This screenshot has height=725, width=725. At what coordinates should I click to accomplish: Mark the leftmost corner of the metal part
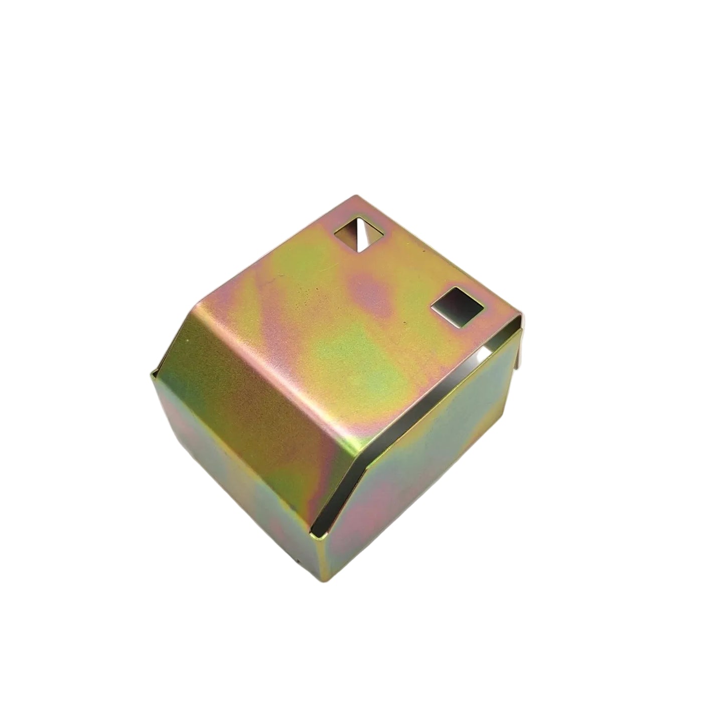(x=152, y=372)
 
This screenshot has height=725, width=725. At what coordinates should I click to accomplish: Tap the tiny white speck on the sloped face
(x=187, y=341)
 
